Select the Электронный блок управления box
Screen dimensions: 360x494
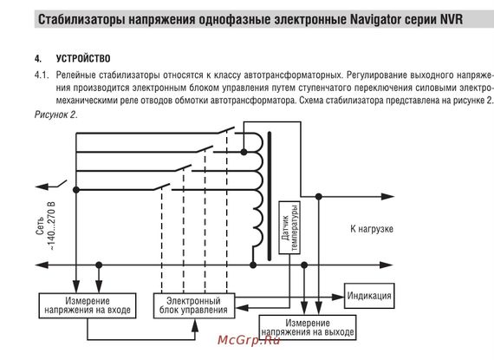click(192, 304)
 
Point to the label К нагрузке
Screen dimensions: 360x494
click(373, 228)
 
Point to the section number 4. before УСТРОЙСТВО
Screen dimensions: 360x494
click(38, 58)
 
